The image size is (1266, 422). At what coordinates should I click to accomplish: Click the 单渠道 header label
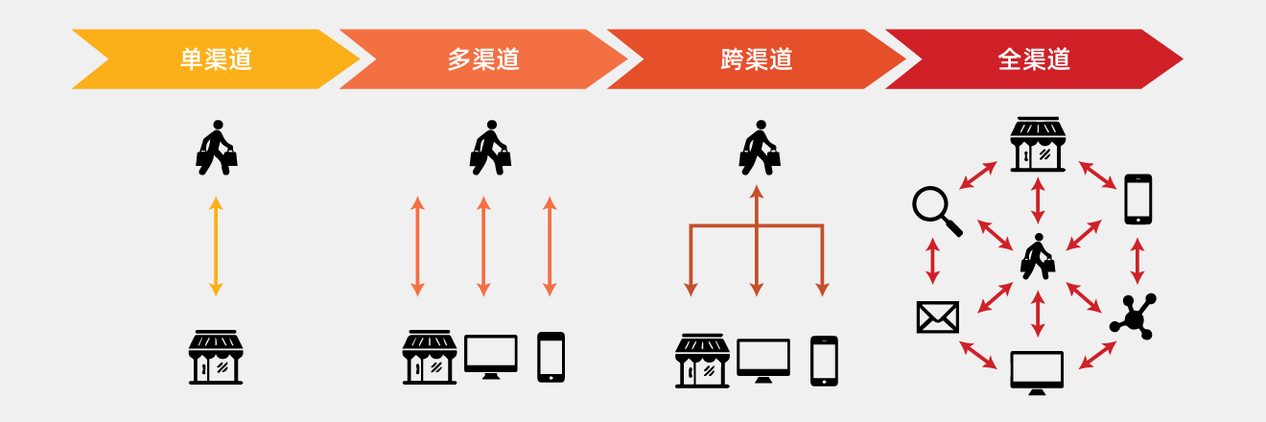pos(216,59)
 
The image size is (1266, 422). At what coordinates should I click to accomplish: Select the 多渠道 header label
pos(483,59)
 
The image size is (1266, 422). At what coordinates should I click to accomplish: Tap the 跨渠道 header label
pos(757,59)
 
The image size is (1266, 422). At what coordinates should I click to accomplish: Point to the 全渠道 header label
pos(1034,59)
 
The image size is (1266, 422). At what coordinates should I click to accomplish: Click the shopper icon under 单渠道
pos(216,148)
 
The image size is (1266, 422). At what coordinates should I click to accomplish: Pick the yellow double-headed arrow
pos(216,246)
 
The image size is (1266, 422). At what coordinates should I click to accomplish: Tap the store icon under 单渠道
pos(216,357)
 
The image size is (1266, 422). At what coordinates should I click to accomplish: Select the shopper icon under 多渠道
pos(490,148)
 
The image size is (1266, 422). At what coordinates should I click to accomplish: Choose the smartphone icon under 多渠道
pos(551,357)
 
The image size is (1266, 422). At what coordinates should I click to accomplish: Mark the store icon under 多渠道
pos(429,357)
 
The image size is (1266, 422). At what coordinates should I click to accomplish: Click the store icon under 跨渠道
pos(702,361)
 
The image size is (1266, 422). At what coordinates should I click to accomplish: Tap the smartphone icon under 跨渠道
pos(824,361)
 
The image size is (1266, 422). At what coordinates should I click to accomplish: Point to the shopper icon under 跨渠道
pos(759,148)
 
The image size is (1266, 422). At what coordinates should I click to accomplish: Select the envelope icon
pos(937,316)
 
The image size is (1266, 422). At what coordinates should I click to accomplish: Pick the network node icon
pos(1134,316)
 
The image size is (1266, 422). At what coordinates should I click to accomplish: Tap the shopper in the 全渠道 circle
pos(1037,256)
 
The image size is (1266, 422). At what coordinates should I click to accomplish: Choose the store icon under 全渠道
pos(1038,145)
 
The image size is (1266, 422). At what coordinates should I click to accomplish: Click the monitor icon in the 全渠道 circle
pos(1037,372)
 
